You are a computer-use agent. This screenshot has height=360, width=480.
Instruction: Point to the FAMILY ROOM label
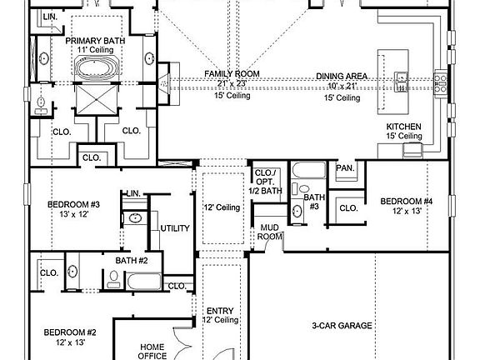coord(232,74)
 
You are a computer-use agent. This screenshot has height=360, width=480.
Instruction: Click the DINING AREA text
coord(342,77)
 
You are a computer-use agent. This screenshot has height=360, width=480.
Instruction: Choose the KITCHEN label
coord(404,127)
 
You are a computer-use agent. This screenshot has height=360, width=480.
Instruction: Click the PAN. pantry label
coord(344,168)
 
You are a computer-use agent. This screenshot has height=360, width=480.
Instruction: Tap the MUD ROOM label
coord(269,231)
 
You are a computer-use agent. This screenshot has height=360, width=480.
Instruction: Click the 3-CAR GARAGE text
coord(342,325)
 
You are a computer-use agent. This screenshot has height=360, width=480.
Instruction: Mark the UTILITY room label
coord(175,227)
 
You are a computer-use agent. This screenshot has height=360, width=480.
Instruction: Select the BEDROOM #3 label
coord(73,204)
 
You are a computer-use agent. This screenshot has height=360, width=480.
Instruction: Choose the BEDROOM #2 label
coord(70,333)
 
